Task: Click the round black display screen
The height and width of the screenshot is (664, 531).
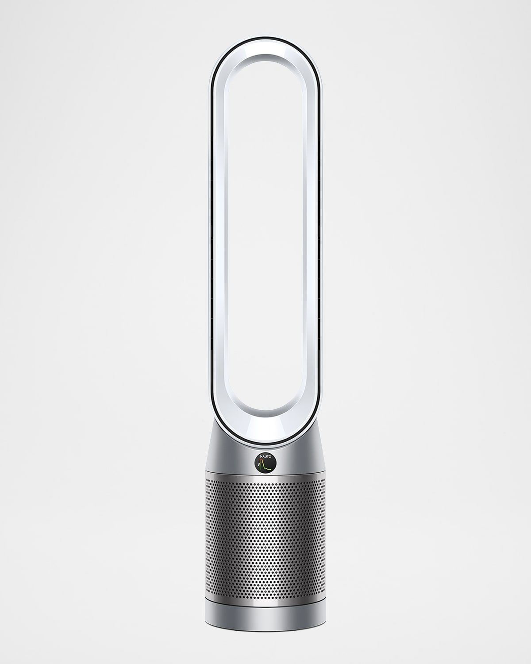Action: [x=265, y=463]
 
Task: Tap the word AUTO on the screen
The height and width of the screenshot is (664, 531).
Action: [x=267, y=456]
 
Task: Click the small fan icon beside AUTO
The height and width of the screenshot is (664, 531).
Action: [x=261, y=457]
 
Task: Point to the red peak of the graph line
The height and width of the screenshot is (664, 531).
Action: [x=261, y=459]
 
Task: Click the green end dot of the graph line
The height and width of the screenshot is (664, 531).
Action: [x=271, y=469]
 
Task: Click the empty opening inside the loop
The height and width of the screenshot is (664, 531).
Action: [x=265, y=243]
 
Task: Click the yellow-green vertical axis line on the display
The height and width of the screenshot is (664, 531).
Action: [x=260, y=466]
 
